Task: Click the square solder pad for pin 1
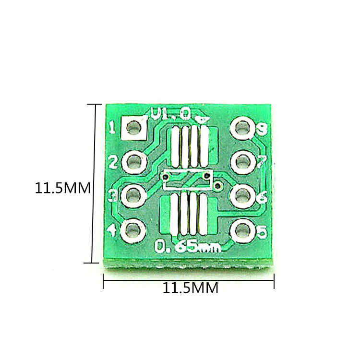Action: click(x=134, y=128)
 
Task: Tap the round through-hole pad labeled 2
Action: click(x=134, y=161)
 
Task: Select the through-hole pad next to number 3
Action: click(x=134, y=195)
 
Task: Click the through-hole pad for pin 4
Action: click(x=134, y=230)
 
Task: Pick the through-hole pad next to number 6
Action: click(x=242, y=196)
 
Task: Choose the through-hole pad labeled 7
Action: click(x=242, y=162)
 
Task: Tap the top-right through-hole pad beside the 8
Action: click(x=242, y=129)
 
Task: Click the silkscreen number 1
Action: click(x=112, y=128)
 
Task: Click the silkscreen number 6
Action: click(x=263, y=197)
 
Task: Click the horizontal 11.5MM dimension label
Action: click(x=191, y=288)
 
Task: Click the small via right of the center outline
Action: click(x=219, y=184)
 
